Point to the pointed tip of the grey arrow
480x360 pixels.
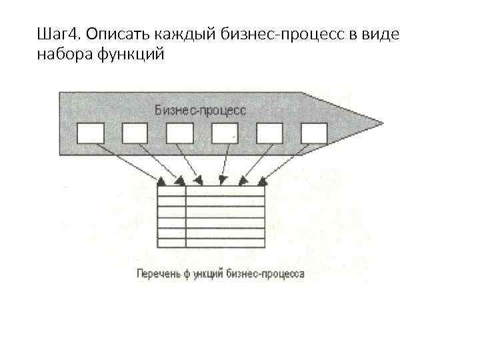tap(382, 123)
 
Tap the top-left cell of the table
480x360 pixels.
tap(171, 191)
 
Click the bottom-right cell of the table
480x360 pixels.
tap(225, 242)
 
